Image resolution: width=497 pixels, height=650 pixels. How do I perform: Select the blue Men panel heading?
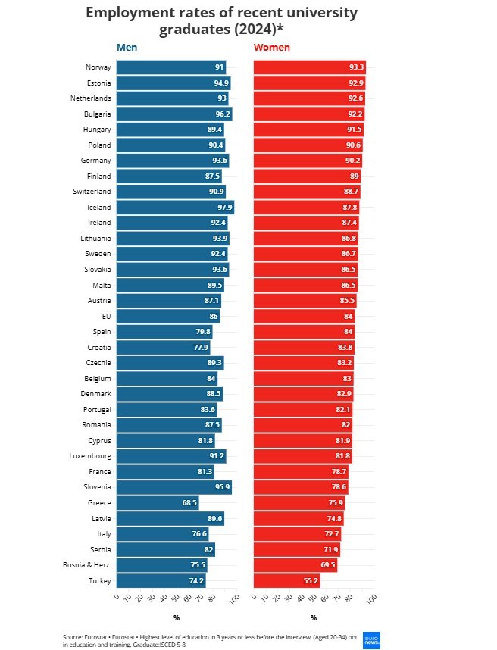127,48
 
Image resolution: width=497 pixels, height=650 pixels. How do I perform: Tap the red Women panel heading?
271,48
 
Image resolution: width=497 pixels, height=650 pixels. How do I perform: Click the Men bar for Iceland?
174,208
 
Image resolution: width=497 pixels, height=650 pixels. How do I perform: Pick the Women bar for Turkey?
286,581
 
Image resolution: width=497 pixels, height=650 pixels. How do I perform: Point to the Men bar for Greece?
157,503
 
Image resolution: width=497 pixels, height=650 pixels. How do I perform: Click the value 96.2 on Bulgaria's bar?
222,114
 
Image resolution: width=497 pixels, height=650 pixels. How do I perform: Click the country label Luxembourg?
92,456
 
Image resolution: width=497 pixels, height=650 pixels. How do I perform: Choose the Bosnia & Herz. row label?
87,565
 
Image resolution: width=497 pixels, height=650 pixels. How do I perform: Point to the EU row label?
106,316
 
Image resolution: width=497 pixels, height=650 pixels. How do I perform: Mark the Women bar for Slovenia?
299,487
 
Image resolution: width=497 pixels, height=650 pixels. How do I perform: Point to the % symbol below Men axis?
176,617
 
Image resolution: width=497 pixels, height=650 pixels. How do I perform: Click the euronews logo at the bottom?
371,639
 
